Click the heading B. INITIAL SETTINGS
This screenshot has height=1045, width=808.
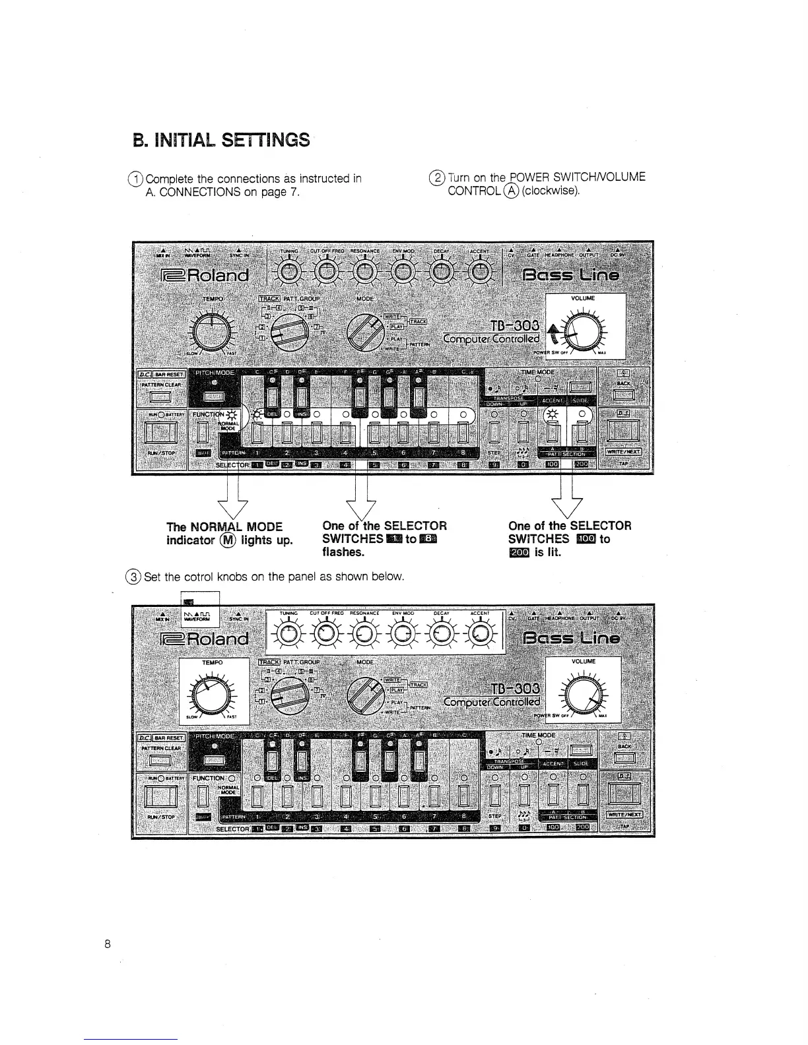click(221, 140)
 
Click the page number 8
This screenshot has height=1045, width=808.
click(107, 943)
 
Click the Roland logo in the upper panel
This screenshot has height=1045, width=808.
click(205, 274)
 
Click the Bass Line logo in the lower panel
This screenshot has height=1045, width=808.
click(571, 638)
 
